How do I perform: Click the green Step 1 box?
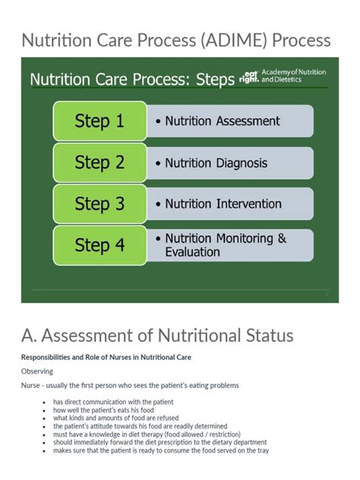tap(99, 122)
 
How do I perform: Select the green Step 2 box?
tap(99, 163)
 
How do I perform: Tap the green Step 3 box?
tap(99, 204)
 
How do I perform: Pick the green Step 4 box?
tap(99, 245)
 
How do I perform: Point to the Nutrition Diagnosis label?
tap(216, 163)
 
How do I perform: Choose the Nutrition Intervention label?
tap(223, 204)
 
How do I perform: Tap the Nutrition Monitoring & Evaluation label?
tap(226, 245)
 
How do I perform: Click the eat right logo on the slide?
tap(248, 75)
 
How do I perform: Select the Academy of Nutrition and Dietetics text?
tap(293, 75)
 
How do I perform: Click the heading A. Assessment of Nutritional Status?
tap(157, 336)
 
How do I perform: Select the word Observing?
tap(37, 371)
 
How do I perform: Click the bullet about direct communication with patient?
tap(113, 402)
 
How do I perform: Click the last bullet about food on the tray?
tap(160, 450)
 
